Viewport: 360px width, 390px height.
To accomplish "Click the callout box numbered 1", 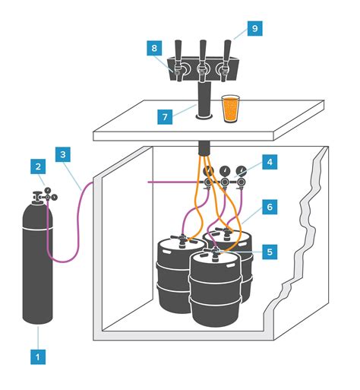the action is (38, 357).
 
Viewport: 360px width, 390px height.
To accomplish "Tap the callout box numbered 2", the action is (38, 166).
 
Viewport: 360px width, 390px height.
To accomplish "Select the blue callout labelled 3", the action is (63, 154).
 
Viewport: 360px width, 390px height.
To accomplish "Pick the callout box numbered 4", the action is (270, 162).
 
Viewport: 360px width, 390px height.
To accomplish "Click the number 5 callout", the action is (270, 252).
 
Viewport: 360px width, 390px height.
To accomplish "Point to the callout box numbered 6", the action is (270, 207).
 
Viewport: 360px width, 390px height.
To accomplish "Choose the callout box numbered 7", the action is (165, 117).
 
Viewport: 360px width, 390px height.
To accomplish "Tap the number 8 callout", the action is (154, 48).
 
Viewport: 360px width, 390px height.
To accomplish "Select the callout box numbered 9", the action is (254, 28).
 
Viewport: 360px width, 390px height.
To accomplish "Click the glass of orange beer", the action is (230, 109).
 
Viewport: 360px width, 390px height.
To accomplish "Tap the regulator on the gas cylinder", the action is (45, 195).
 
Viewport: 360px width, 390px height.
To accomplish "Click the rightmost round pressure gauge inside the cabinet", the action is (241, 171).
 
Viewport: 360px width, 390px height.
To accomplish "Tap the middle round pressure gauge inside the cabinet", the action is (225, 171).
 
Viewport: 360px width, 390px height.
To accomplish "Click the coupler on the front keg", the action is (215, 253).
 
